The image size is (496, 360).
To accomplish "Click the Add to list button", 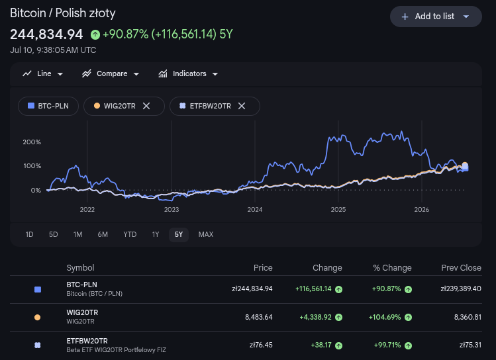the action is click(x=436, y=17).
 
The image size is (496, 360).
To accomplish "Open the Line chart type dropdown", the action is click(x=42, y=73).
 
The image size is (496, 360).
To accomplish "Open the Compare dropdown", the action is click(x=111, y=73).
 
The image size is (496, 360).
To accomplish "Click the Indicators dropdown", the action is click(x=188, y=73).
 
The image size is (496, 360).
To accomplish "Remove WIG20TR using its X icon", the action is click(x=146, y=106).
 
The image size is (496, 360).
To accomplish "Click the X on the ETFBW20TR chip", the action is click(x=242, y=106).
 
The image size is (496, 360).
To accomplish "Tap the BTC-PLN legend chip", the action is click(x=48, y=106).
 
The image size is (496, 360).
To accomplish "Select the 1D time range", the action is click(x=29, y=234).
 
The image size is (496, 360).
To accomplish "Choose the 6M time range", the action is click(x=103, y=234).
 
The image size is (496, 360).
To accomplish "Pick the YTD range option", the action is click(x=130, y=234).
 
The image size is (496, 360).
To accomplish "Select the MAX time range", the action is click(x=205, y=234).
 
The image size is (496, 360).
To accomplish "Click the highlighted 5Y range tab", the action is click(x=179, y=234).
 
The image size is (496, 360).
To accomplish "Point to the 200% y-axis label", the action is click(x=32, y=142).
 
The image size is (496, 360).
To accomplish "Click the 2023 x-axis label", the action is click(x=172, y=209).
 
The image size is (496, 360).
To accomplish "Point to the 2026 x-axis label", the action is click(x=422, y=209).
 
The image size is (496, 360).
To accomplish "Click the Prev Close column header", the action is click(x=461, y=268).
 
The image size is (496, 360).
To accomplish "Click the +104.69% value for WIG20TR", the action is click(x=385, y=317).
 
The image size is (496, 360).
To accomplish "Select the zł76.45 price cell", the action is click(x=261, y=345).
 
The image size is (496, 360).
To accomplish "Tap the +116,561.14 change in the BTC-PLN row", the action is click(x=313, y=289).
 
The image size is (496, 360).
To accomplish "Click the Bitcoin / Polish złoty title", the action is click(x=63, y=13).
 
